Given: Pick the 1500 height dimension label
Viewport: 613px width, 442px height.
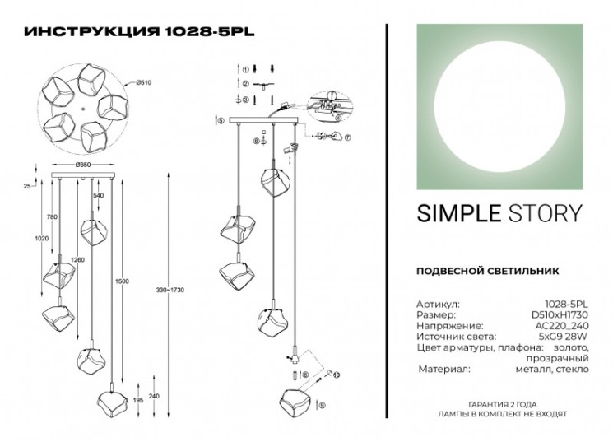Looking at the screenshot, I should pos(122,281).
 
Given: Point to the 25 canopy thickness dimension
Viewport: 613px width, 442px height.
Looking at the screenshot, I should pos(26,187).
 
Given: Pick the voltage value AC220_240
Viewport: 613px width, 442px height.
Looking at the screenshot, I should pos(565,326).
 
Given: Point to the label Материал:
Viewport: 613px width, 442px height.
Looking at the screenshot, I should pos(444,370).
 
